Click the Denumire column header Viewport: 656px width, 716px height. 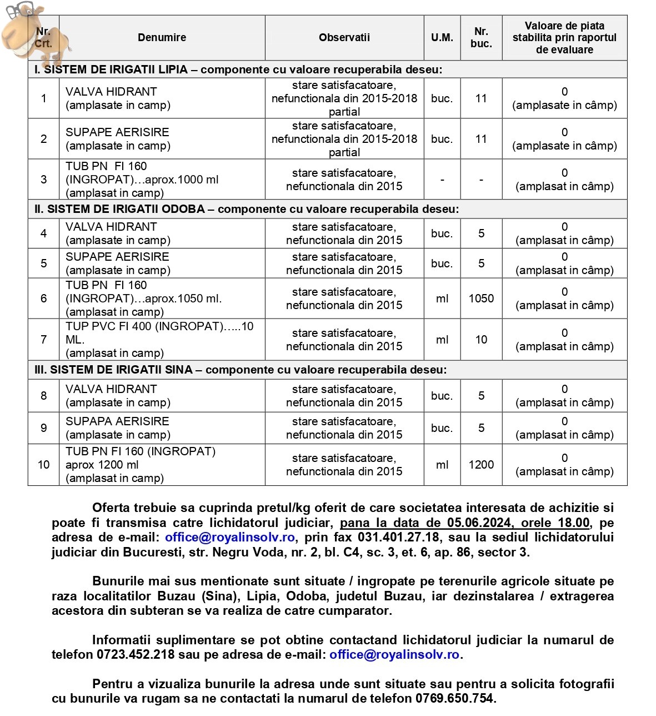162,38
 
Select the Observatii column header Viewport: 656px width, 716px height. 344,38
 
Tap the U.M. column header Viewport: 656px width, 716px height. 442,38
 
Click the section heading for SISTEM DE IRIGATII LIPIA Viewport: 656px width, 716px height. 238,69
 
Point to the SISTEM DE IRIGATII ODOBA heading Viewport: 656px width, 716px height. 247,209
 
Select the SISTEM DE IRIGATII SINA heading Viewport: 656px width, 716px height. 241,370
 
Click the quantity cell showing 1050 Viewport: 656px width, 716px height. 481,299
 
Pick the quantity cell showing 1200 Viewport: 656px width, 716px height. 481,465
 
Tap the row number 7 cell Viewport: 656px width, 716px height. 43,340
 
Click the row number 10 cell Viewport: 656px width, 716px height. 43,465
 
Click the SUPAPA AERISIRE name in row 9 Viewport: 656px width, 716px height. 117,421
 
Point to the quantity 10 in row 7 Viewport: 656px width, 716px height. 481,340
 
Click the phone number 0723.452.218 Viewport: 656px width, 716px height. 136,655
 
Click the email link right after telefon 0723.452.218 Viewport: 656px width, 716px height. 394,655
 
